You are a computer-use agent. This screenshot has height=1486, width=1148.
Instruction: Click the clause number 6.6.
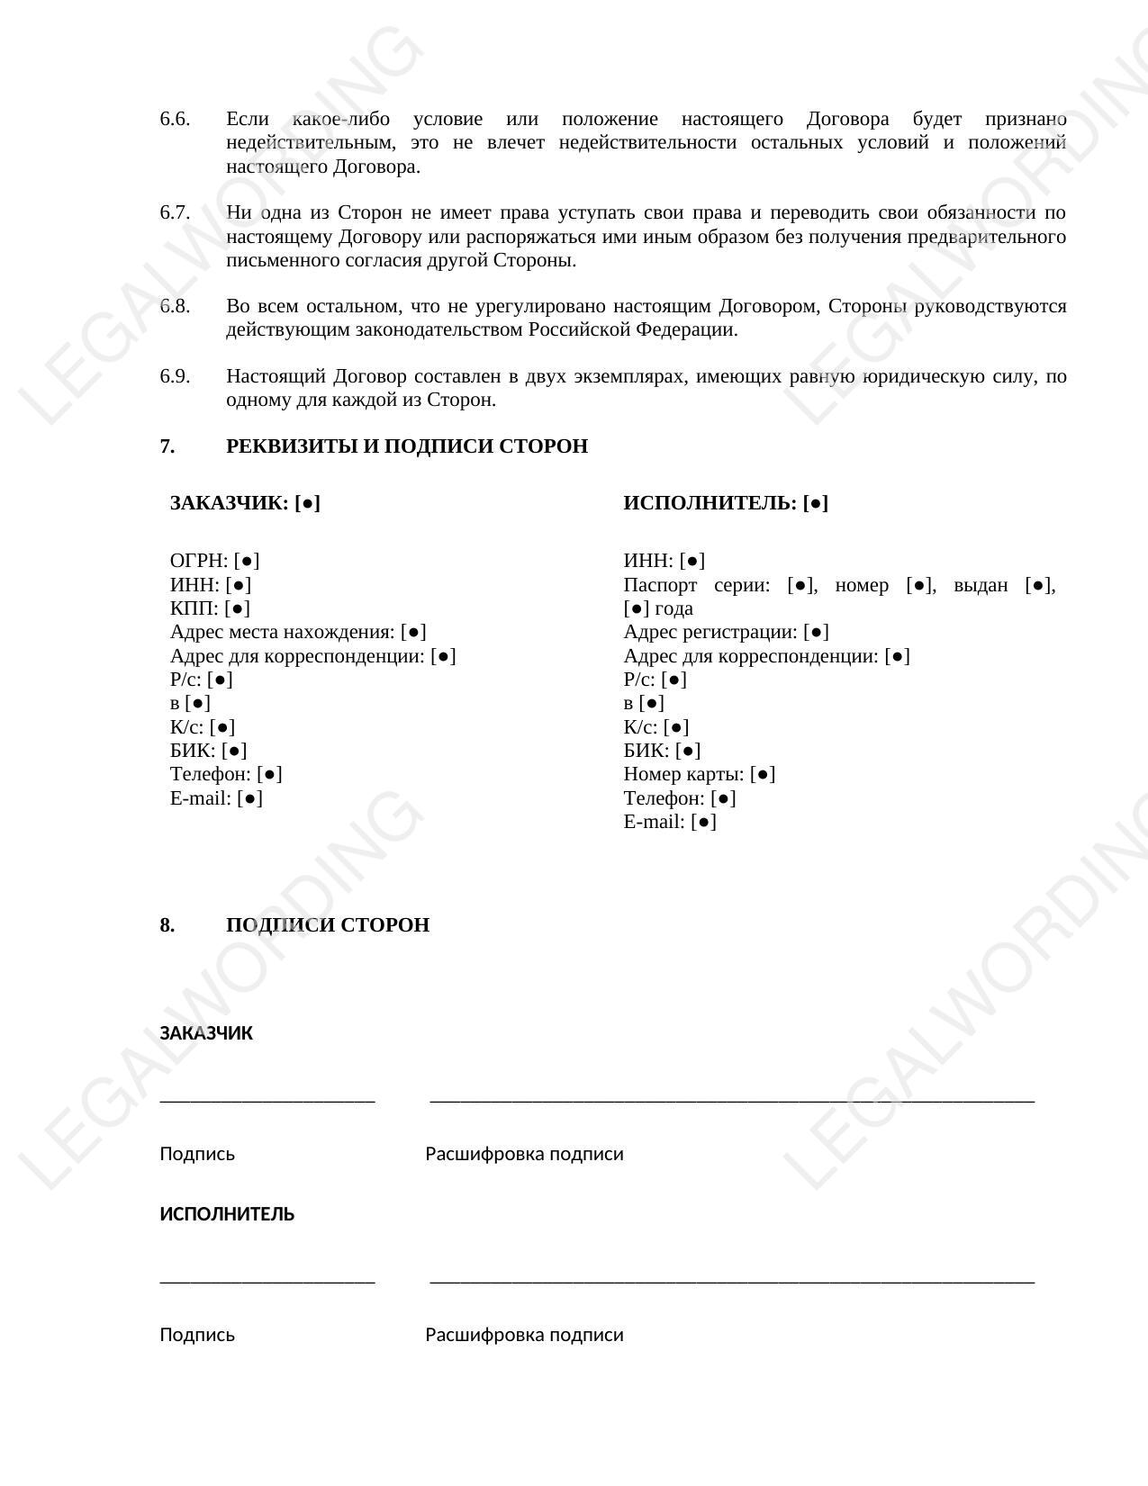click(175, 119)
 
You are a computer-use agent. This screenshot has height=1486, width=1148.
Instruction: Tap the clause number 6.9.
click(175, 376)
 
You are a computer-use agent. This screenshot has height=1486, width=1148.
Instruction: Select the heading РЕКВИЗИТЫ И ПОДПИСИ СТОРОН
click(406, 446)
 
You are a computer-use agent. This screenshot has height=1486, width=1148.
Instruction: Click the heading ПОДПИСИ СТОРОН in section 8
click(327, 925)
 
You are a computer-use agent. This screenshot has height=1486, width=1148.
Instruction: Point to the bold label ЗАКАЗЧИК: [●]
click(245, 503)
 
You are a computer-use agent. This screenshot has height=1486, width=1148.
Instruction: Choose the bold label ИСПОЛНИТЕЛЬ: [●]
click(725, 503)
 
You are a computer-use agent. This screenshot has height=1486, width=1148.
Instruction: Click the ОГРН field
click(214, 561)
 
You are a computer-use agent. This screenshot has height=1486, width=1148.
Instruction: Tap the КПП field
click(210, 608)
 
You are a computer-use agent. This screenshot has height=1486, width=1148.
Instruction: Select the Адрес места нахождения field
click(298, 632)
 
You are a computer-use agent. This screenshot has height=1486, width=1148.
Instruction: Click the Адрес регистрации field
click(726, 632)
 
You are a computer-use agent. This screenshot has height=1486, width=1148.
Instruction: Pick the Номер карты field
click(699, 774)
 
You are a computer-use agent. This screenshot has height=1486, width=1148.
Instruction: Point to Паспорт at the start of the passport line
click(660, 585)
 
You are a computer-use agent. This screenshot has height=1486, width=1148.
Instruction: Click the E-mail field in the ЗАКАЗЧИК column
click(216, 798)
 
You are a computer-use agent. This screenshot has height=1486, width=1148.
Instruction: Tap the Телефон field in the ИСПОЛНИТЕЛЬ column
click(680, 798)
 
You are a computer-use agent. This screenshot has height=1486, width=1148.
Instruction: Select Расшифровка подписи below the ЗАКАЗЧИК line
click(524, 1154)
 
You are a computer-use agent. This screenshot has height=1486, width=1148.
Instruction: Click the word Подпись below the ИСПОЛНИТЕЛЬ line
click(197, 1335)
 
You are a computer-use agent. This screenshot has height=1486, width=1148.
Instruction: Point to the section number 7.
click(167, 446)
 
